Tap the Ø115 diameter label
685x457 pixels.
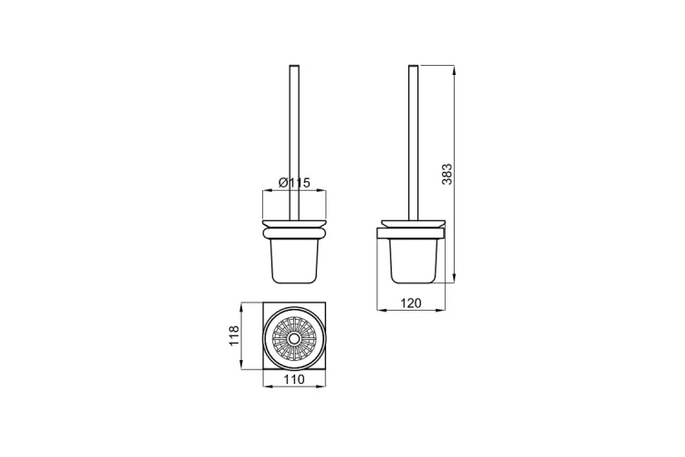click(x=294, y=183)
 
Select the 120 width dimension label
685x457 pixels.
click(x=411, y=303)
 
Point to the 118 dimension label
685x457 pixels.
click(x=235, y=335)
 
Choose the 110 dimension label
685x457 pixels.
click(x=294, y=379)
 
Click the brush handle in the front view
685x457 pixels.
click(x=294, y=142)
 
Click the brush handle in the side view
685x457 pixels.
click(x=413, y=143)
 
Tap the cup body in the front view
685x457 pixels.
click(x=294, y=261)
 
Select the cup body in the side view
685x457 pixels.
click(x=413, y=261)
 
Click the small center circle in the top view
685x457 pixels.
click(x=294, y=338)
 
